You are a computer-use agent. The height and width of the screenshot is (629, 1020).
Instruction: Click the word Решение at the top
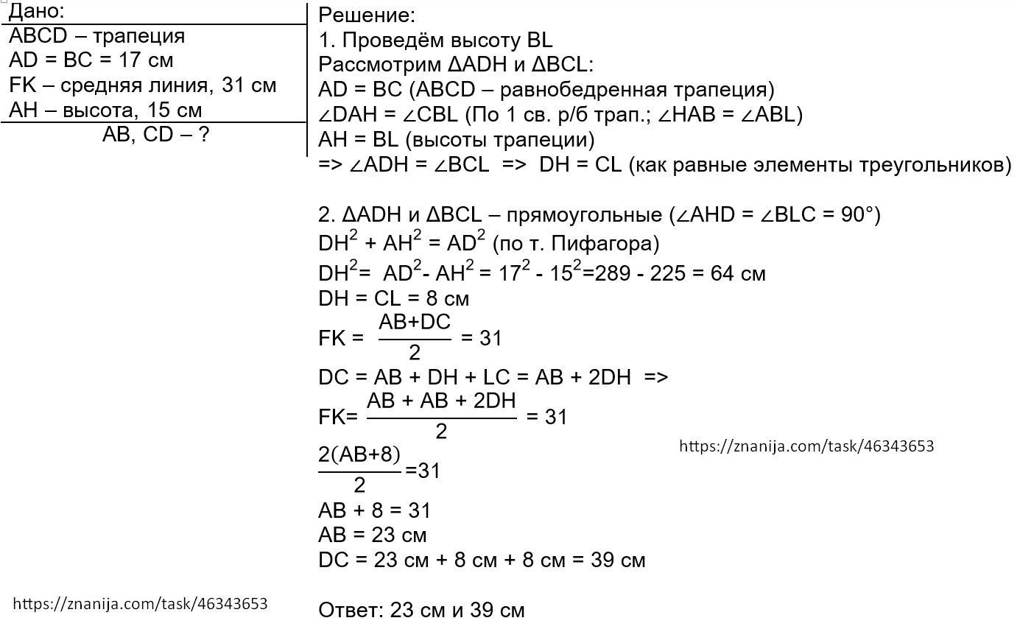tap(365, 15)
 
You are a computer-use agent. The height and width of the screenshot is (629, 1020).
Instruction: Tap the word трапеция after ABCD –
tap(140, 36)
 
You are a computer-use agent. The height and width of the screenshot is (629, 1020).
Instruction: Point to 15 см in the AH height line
tap(175, 110)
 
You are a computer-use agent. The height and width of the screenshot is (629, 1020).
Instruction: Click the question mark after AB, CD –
tap(204, 135)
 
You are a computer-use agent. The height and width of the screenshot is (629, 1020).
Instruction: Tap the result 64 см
tap(738, 274)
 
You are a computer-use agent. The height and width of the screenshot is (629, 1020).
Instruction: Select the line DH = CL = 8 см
tap(393, 298)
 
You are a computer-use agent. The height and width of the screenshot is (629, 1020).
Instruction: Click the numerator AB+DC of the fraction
tap(414, 323)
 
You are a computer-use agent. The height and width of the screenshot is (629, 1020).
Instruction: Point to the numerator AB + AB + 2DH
tap(441, 401)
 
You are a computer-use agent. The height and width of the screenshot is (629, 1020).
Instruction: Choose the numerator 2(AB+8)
tap(359, 455)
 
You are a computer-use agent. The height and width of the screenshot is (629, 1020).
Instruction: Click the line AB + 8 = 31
tap(374, 510)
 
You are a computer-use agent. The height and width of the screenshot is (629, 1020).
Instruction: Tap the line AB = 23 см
tap(372, 535)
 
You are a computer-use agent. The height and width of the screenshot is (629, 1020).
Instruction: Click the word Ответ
tap(351, 610)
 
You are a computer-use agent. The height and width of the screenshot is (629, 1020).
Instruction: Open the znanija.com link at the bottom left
tap(140, 604)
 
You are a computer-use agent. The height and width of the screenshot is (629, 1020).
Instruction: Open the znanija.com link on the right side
tap(806, 446)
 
